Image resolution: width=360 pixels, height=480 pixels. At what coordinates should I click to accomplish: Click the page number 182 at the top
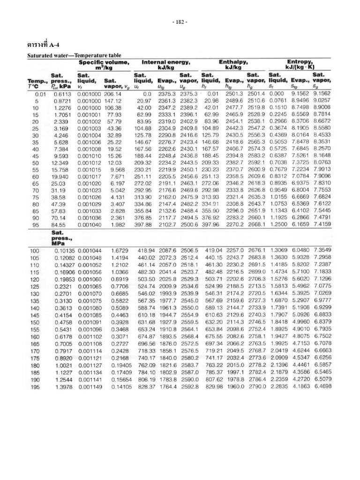(x=180, y=22)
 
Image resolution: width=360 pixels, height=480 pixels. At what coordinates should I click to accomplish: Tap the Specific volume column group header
(x=104, y=65)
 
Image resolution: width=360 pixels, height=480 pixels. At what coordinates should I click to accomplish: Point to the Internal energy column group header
(x=166, y=65)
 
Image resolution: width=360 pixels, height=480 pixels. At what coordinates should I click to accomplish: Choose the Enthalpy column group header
(x=232, y=65)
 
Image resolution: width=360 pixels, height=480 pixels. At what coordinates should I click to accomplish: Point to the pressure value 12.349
(x=62, y=163)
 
